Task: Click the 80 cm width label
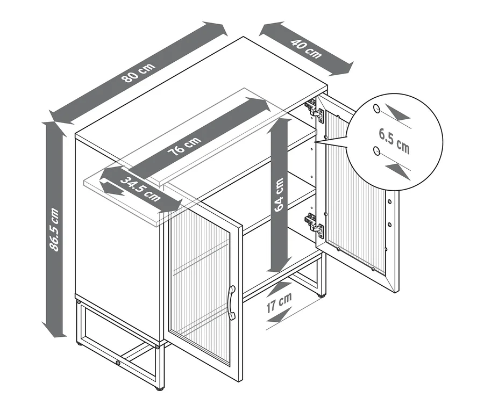click(139, 73)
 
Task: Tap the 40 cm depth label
click(306, 49)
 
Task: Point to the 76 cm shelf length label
click(184, 146)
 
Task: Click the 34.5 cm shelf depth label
click(140, 189)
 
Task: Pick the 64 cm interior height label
click(279, 194)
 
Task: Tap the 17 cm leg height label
click(279, 302)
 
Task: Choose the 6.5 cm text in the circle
click(394, 141)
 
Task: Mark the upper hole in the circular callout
click(376, 109)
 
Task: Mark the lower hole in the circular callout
click(376, 151)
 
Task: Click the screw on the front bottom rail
click(118, 363)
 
